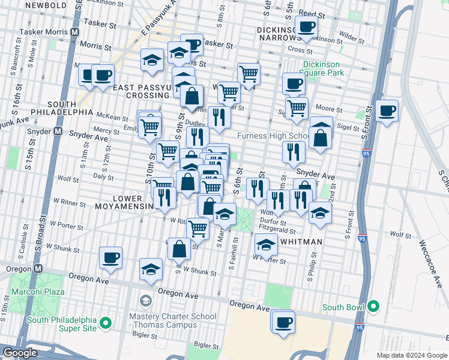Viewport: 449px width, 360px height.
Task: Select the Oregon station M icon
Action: click(x=38, y=269)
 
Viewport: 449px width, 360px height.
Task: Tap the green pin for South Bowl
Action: click(x=374, y=307)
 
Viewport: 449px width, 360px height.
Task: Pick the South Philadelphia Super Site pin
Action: click(x=106, y=324)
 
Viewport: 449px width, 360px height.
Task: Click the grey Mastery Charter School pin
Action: click(x=145, y=300)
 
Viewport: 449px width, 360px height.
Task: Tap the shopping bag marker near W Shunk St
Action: click(x=179, y=248)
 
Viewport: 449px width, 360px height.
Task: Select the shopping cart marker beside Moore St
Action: click(x=297, y=108)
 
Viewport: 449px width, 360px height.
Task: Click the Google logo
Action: click(x=20, y=353)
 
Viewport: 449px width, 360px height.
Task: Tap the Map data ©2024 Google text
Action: click(x=412, y=355)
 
